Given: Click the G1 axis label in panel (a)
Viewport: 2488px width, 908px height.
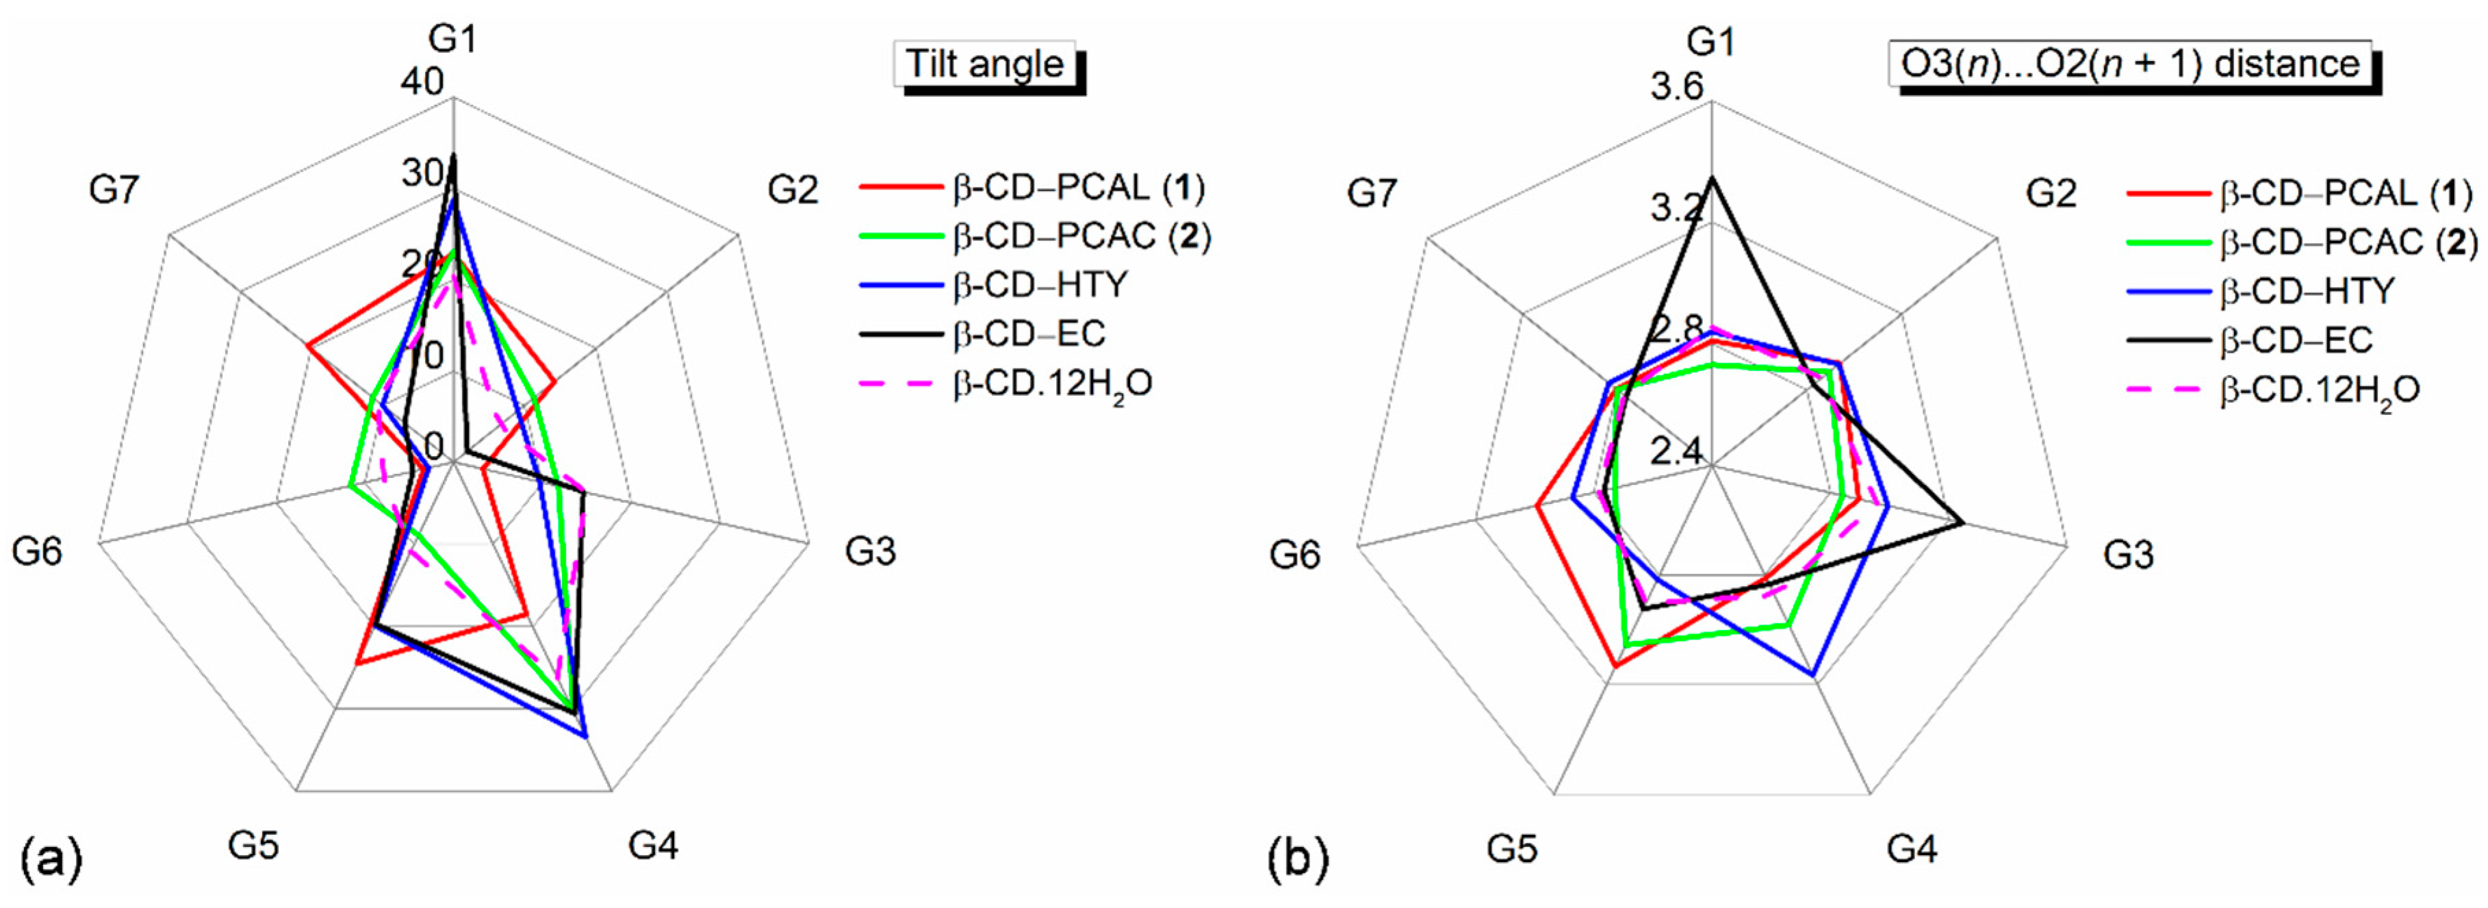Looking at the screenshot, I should coord(453,40).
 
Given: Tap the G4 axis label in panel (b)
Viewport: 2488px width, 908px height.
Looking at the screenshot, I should coord(1912,849).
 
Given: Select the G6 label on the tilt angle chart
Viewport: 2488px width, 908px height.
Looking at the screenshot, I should coord(37,551).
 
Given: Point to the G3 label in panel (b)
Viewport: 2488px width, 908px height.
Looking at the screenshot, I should coord(2128,555).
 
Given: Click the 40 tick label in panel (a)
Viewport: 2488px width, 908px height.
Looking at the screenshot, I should coord(422,82).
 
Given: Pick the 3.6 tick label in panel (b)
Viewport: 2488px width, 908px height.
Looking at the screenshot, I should coord(1677,88).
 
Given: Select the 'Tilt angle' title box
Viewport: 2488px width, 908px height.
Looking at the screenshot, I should coord(984,65).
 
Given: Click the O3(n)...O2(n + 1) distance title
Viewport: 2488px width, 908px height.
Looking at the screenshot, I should coord(2129,65).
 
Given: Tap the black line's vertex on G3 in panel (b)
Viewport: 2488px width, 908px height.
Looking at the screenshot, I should coord(1962,522).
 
